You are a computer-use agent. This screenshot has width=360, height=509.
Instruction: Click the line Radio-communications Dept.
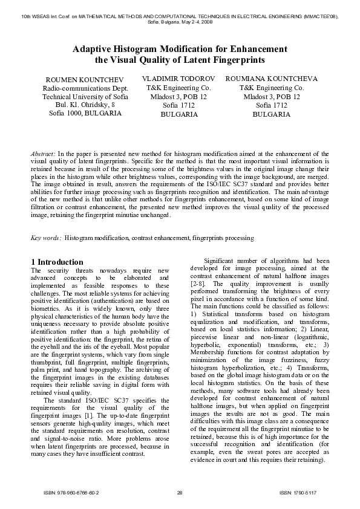(85, 89)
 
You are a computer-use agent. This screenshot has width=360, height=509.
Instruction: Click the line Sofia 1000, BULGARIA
(85, 113)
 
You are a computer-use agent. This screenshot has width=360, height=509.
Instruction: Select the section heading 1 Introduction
(57, 261)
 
